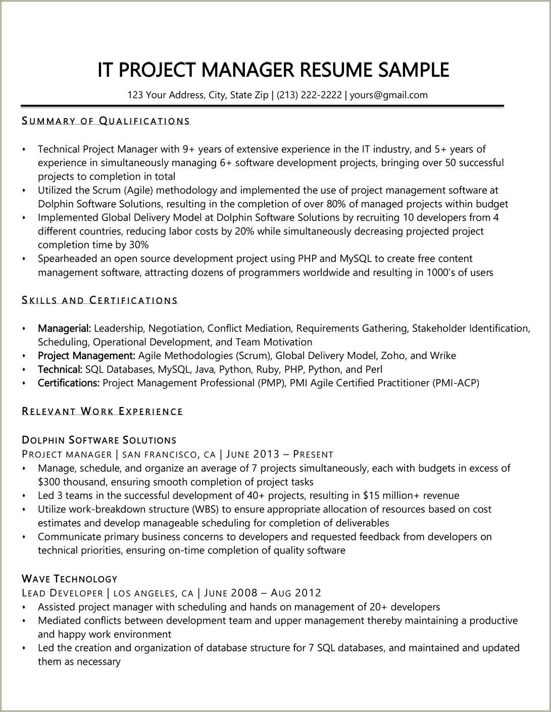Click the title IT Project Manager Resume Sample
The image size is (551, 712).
pyautogui.click(x=273, y=70)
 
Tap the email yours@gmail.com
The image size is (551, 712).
pyautogui.click(x=388, y=95)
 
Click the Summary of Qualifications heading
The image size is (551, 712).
pyautogui.click(x=106, y=121)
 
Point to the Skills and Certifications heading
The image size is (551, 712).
pyautogui.click(x=100, y=300)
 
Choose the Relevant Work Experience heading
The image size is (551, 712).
pyautogui.click(x=103, y=411)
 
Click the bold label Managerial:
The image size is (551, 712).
pyautogui.click(x=64, y=328)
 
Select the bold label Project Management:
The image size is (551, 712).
pyautogui.click(x=86, y=355)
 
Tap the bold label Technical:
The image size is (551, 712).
pyautogui.click(x=60, y=369)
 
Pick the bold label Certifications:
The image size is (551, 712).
pyautogui.click(x=69, y=383)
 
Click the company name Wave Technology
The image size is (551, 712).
pyautogui.click(x=70, y=579)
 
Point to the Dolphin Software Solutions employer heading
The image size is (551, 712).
pyautogui.click(x=99, y=440)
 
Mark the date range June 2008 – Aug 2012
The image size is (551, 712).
pyautogui.click(x=263, y=593)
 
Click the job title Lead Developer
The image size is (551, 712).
pyautogui.click(x=63, y=593)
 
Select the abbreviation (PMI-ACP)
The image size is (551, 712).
pyautogui.click(x=456, y=383)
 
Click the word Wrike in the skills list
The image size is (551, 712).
pyautogui.click(x=443, y=355)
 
